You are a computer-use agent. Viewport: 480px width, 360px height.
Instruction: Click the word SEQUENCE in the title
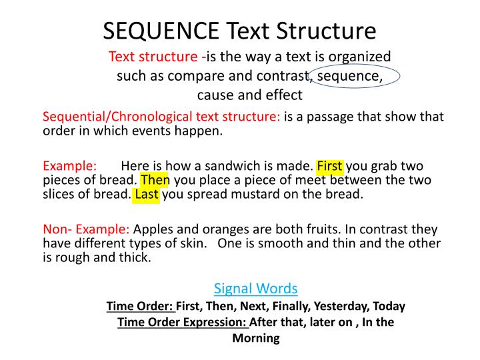pyautogui.click(x=160, y=31)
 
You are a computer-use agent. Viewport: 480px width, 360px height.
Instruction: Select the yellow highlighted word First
pyautogui.click(x=330, y=166)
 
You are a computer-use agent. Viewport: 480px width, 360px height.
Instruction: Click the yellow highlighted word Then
pyautogui.click(x=155, y=180)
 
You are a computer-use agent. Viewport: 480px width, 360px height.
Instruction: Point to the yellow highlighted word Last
pyautogui.click(x=146, y=195)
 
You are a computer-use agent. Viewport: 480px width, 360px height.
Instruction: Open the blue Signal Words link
pyautogui.click(x=255, y=288)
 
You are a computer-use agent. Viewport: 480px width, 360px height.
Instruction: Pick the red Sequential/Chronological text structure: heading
pyautogui.click(x=161, y=117)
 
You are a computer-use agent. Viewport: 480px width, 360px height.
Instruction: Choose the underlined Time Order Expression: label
pyautogui.click(x=183, y=322)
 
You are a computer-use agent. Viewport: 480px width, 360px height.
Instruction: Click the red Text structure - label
pyautogui.click(x=157, y=56)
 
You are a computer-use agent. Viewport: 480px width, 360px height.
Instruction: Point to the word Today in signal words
pyautogui.click(x=389, y=306)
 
